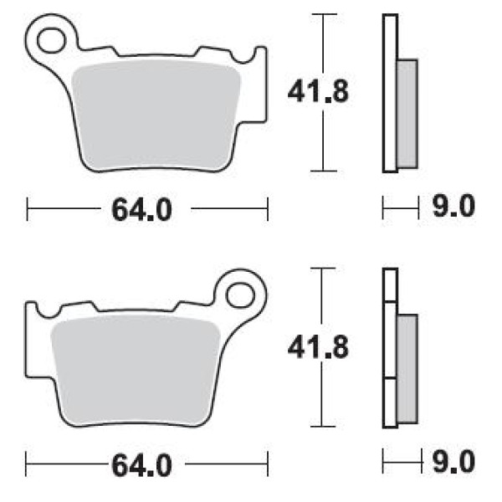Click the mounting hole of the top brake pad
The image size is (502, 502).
click(50, 41)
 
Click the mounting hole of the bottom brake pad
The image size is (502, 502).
click(240, 295)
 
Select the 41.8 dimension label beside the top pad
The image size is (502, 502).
click(318, 91)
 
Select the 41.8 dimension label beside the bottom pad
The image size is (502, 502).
click(318, 346)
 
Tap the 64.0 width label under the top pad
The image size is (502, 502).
click(141, 210)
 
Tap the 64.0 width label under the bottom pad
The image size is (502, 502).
click(141, 465)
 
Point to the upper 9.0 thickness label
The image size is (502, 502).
click(453, 206)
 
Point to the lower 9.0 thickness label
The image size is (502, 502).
click(453, 461)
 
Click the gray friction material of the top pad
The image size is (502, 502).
click(156, 116)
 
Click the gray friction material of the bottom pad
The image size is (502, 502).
click(136, 371)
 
